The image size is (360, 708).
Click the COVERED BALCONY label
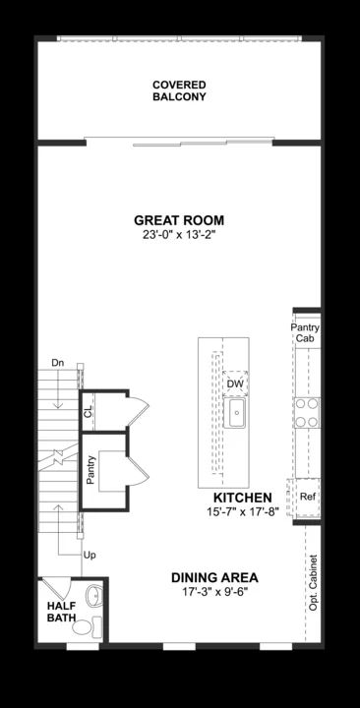[x=179, y=91]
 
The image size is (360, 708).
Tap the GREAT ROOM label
[x=179, y=220]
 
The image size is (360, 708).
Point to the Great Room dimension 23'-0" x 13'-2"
[x=179, y=236]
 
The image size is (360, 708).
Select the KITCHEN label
[x=234, y=499]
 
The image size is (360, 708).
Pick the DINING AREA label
[x=214, y=577]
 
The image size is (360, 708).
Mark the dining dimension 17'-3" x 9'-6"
[x=214, y=592]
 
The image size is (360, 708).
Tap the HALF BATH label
[x=61, y=613]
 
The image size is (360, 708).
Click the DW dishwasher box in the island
[x=235, y=383]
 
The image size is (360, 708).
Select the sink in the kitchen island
[x=236, y=412]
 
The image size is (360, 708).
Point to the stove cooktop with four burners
[x=307, y=412]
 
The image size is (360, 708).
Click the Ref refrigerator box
[x=307, y=497]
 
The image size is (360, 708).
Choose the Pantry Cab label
[x=306, y=333]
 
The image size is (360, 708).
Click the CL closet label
[x=89, y=412]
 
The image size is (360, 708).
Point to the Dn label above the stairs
[x=58, y=362]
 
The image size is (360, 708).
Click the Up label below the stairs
[x=90, y=556]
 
